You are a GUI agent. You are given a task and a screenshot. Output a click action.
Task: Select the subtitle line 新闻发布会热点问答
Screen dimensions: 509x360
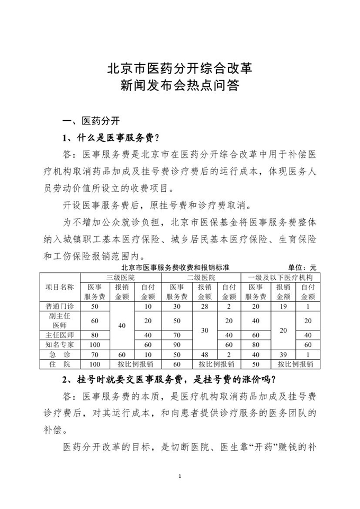[x=179, y=85]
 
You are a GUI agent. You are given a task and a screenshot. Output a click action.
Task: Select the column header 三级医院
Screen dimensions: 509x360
[x=121, y=277]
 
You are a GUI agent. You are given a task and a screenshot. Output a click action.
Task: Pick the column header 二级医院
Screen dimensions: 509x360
[x=201, y=277]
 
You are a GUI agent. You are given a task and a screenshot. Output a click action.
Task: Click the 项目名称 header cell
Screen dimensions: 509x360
[x=60, y=287]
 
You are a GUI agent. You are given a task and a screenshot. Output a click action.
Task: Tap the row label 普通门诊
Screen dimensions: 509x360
[x=60, y=306]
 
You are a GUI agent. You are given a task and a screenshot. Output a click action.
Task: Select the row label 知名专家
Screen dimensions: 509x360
[x=60, y=344]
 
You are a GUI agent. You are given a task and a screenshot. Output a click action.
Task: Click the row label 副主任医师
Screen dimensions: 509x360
[x=60, y=320]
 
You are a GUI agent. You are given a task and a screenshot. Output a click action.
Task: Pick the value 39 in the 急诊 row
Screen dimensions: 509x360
[x=283, y=354]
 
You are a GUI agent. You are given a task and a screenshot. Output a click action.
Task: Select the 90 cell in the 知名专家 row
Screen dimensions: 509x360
[x=177, y=344]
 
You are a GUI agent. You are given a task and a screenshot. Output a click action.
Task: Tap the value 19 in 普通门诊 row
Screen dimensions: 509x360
[x=283, y=306]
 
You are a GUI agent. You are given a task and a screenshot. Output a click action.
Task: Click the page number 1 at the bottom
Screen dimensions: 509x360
[x=180, y=476]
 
